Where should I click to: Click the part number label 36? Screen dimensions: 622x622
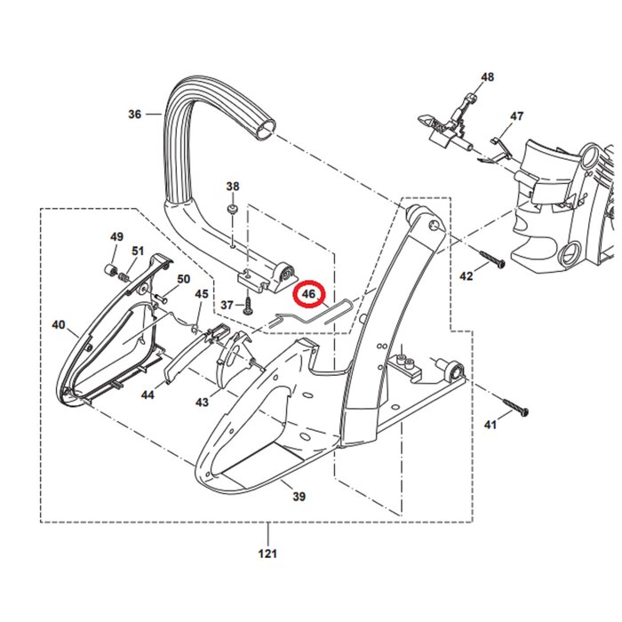(135, 114)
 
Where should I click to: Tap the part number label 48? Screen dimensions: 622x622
(487, 77)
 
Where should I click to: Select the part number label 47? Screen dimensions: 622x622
(516, 116)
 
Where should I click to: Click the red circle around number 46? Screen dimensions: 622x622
(310, 293)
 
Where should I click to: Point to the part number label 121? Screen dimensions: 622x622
(268, 553)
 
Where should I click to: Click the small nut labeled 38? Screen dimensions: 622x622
(231, 209)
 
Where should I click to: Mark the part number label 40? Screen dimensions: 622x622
(59, 325)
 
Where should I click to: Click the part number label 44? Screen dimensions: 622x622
(148, 394)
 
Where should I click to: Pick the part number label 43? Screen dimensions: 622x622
(203, 402)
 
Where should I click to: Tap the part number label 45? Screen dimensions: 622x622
(202, 294)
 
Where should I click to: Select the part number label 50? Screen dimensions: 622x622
(183, 279)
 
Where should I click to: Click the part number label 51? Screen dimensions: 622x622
(138, 251)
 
